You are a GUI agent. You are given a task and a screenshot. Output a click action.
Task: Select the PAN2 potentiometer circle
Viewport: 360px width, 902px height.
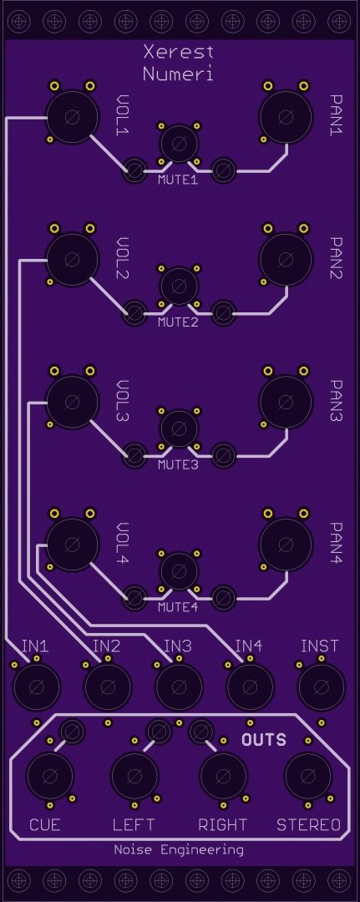click(286, 259)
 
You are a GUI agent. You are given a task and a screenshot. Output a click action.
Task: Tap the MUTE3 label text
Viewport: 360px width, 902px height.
click(178, 464)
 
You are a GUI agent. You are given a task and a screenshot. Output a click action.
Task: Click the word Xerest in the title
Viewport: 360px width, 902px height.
click(178, 53)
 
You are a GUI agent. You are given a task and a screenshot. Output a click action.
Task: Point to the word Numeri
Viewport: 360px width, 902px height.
click(178, 74)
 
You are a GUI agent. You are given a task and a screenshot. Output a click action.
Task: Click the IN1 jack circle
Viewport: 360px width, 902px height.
click(36, 687)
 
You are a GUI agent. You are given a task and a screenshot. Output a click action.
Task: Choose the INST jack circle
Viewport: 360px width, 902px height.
click(322, 687)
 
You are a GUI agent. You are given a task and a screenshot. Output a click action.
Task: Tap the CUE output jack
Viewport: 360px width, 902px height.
click(50, 775)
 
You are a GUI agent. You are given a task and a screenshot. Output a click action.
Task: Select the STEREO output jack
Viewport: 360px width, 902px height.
click(308, 775)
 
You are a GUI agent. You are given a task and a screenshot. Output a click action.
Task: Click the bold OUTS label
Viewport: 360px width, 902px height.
click(264, 739)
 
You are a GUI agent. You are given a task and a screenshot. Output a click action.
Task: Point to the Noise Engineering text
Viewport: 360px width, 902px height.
click(178, 849)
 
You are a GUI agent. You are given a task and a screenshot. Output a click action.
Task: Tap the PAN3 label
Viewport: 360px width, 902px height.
click(336, 400)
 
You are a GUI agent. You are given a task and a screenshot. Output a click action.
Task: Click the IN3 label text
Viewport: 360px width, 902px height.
click(177, 646)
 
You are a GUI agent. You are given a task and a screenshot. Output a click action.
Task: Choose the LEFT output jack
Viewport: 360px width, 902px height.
click(134, 775)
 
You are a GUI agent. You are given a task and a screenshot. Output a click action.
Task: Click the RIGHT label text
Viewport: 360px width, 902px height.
click(222, 825)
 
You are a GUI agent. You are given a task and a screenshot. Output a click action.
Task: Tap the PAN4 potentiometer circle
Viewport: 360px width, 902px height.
click(286, 544)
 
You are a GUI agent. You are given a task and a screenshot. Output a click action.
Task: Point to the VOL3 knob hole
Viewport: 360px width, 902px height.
click(73, 401)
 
